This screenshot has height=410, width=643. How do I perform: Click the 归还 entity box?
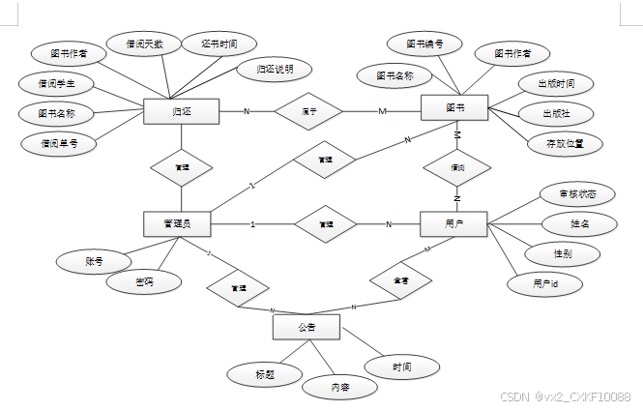coord(181,111)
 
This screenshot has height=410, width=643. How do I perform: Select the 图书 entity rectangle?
coord(454,108)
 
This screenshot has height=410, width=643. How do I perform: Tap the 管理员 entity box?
coord(177,224)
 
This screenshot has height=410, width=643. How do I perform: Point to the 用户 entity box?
coord(453,224)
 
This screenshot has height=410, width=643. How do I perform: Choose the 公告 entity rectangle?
coord(307,328)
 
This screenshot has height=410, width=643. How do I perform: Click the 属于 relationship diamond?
coord(309,111)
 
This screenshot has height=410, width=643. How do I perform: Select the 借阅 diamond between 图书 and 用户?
coord(457,167)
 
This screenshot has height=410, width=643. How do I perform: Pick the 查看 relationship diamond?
coord(399,280)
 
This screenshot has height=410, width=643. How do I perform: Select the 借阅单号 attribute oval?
coord(58,144)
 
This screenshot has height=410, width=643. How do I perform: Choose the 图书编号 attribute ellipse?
coord(425,44)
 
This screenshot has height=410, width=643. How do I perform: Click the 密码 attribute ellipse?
coord(144,281)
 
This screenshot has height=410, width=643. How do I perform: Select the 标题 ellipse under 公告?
coord(264,373)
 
